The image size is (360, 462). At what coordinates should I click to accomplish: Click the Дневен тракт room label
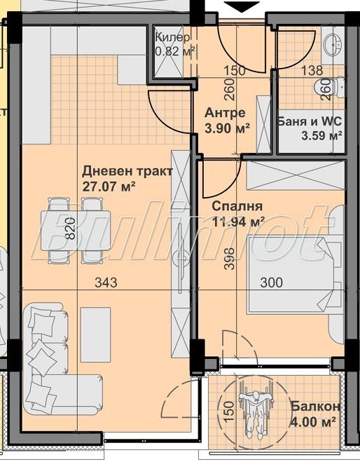pos(127,171)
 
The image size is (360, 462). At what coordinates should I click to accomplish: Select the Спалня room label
pos(237,206)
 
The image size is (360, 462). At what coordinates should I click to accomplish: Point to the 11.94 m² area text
pos(238,222)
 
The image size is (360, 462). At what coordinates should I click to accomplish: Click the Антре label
pos(224,113)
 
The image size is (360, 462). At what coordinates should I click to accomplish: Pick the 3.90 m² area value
pos(226,128)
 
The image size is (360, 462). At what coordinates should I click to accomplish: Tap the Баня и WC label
pos(310,121)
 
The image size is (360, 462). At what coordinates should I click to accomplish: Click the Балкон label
pos(315,407)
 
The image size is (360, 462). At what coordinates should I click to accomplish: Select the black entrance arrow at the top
pos(242,7)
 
